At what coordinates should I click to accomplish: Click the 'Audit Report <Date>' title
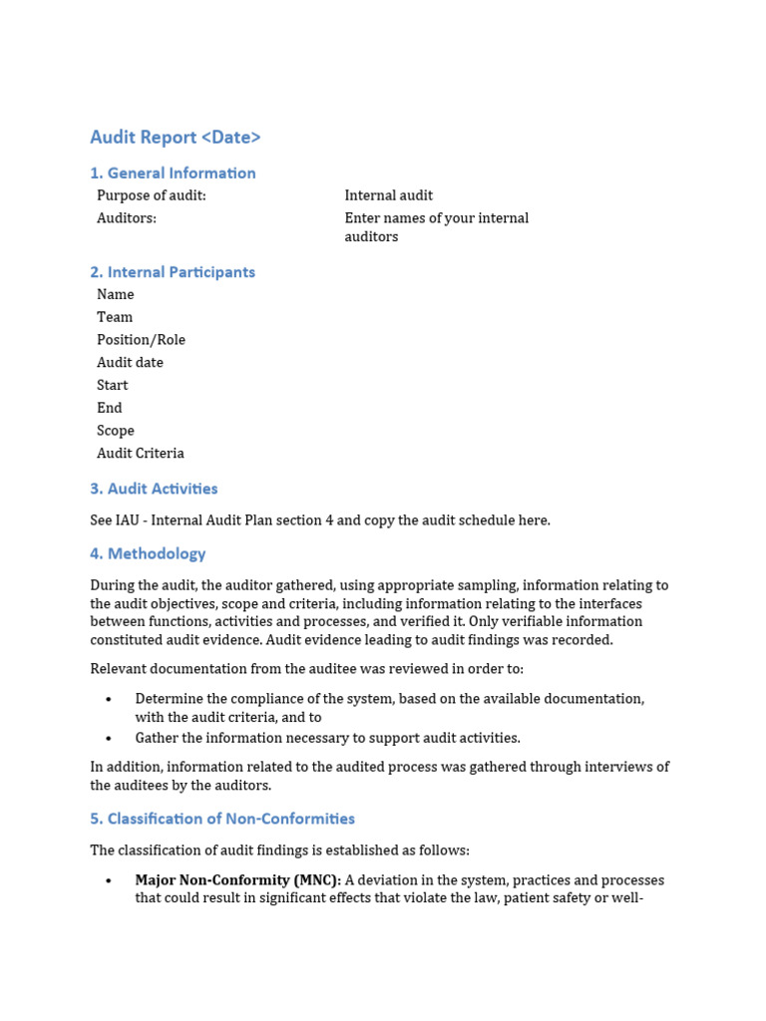click(x=176, y=138)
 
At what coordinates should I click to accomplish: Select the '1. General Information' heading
click(x=173, y=173)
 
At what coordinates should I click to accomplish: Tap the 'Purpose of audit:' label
click(x=152, y=195)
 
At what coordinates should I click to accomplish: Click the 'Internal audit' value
click(x=389, y=195)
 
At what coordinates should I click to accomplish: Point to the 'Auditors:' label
click(x=127, y=218)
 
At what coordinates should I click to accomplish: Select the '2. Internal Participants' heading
click(x=173, y=272)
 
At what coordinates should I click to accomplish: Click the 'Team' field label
click(x=115, y=317)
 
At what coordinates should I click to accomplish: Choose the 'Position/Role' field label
click(x=141, y=340)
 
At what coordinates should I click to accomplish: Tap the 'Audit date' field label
click(x=130, y=363)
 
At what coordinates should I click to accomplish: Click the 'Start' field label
click(x=112, y=386)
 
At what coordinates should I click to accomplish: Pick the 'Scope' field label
click(x=116, y=431)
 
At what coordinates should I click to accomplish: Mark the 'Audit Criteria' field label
click(x=141, y=454)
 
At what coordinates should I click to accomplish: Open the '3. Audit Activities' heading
click(x=154, y=489)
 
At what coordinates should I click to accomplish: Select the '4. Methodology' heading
click(x=148, y=554)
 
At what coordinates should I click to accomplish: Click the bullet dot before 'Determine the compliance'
click(x=109, y=700)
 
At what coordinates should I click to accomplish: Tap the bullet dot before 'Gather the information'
click(x=109, y=739)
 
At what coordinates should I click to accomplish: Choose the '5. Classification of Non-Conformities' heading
click(x=222, y=819)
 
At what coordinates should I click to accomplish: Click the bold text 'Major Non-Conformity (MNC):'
click(x=238, y=880)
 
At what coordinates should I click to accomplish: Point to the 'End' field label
click(x=110, y=408)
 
